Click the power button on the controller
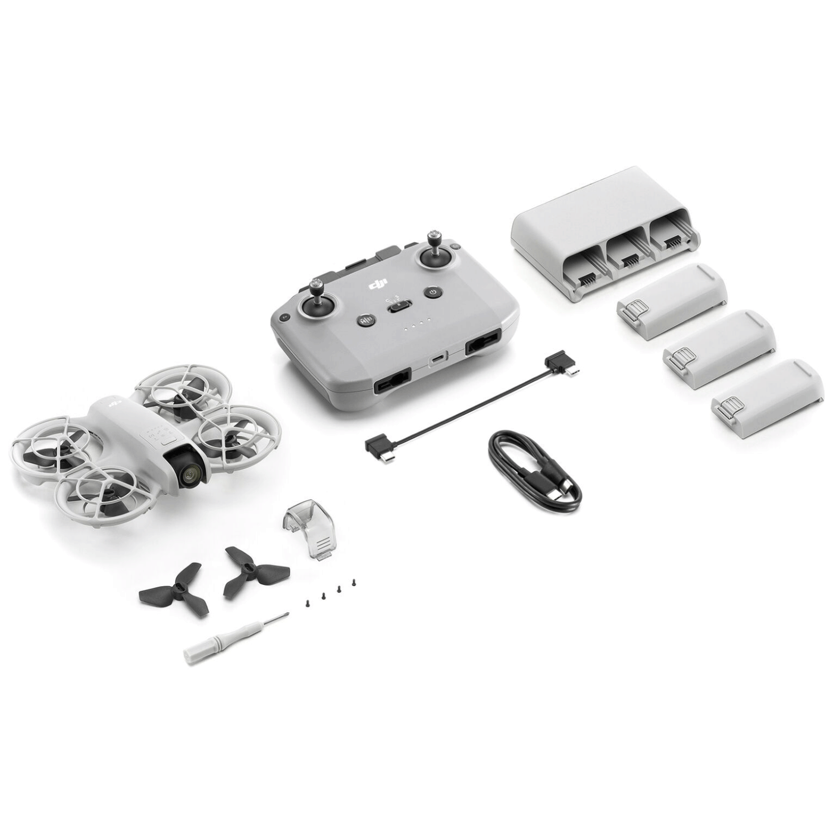433,293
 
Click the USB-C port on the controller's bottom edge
437,358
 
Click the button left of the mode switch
364,321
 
